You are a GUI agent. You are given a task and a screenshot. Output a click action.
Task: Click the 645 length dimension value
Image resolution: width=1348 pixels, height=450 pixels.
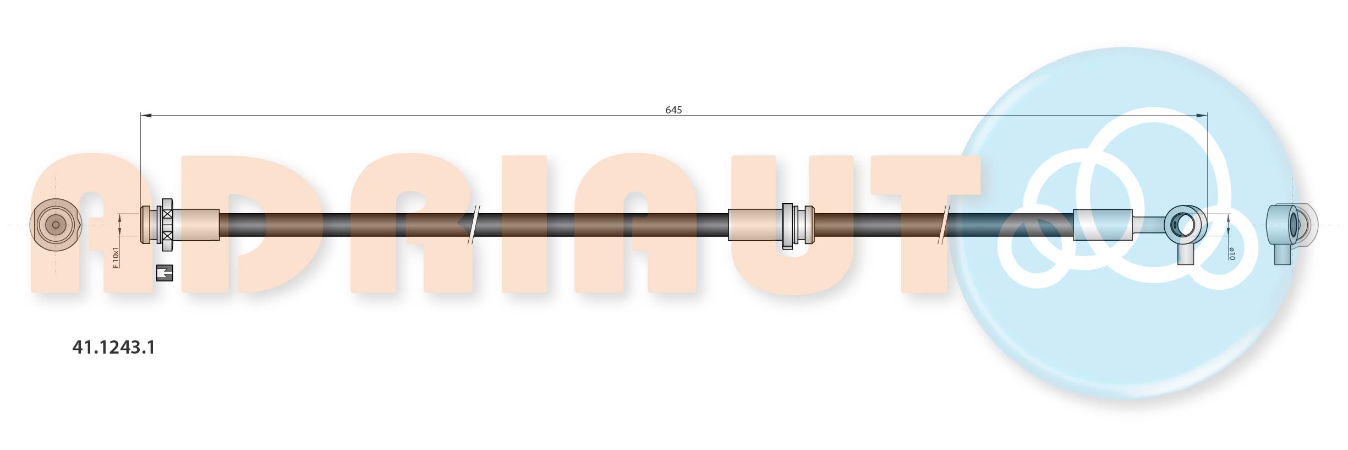[673, 110]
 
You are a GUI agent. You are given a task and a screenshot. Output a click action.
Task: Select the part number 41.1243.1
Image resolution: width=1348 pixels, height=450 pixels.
[114, 347]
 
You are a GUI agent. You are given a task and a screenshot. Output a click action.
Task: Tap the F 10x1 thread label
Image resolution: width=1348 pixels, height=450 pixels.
[116, 257]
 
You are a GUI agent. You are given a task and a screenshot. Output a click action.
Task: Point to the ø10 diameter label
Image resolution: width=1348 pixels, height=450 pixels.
[1232, 253]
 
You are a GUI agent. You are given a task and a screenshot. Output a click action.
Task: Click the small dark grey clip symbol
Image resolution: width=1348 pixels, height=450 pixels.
[165, 273]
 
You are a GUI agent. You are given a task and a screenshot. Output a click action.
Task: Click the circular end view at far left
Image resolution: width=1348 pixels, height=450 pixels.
[56, 225]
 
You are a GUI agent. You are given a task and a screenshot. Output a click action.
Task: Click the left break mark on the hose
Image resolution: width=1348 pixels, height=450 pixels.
[474, 225]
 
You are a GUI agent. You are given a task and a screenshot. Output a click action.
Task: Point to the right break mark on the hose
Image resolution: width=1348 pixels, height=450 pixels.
[944, 225]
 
